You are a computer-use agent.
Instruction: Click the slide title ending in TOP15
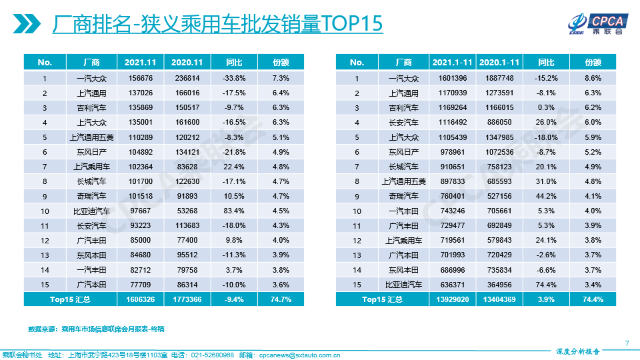pos(217,24)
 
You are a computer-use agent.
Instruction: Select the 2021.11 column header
pos(140,62)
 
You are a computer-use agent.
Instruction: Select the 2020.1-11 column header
pos(499,62)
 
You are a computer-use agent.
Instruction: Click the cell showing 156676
pos(140,78)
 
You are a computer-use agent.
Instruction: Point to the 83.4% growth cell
pos(234,211)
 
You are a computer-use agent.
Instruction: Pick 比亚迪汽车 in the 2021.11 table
pos(92,211)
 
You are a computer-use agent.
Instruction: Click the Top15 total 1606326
pos(140,300)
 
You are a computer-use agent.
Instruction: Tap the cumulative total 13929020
pos(452,300)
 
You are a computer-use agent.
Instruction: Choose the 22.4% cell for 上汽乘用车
pos(234,167)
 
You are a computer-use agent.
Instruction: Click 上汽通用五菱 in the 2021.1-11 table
pos(404,181)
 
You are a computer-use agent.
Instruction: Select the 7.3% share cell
pos(281,78)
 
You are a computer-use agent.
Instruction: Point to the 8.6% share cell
pos(593,78)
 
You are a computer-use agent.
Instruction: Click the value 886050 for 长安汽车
pos(499,123)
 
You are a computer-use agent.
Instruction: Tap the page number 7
pos(627,343)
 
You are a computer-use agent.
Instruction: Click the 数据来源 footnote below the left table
pos(96,329)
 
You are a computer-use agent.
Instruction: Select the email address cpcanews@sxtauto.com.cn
pos(299,355)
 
